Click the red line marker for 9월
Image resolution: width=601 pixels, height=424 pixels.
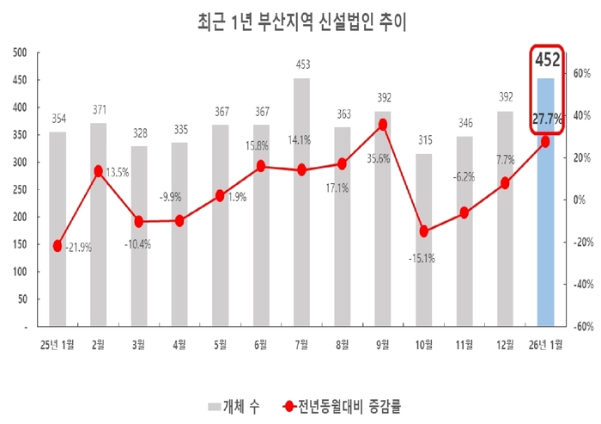point(383,125)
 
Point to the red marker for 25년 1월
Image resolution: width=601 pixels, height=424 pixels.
point(58,246)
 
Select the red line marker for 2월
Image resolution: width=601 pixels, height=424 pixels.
point(99,172)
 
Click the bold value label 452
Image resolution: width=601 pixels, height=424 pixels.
point(548,60)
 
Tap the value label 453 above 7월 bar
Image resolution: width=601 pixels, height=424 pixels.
point(301,64)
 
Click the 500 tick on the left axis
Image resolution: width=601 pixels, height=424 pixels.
point(21,52)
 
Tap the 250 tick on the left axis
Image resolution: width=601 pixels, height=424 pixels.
point(21,189)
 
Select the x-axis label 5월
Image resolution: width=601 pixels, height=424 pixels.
point(220,344)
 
